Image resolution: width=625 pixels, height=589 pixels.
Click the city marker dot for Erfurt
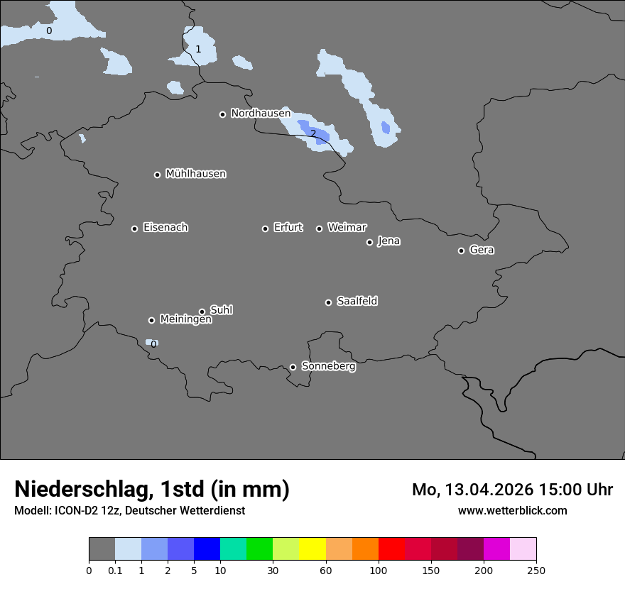pyautogui.click(x=265, y=229)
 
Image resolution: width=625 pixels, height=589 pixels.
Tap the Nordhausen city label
pyautogui.click(x=261, y=114)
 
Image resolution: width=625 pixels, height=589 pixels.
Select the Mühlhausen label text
pyautogui.click(x=196, y=174)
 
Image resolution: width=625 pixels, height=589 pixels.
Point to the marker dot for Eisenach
pyautogui.click(x=134, y=229)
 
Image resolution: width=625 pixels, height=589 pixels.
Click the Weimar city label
pyautogui.click(x=347, y=228)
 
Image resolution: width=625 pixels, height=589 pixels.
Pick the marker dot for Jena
pyautogui.click(x=369, y=242)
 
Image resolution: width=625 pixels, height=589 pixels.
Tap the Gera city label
pyautogui.click(x=482, y=250)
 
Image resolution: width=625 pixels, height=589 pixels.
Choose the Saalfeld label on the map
pyautogui.click(x=357, y=302)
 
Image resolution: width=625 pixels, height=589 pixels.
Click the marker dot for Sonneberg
pyautogui.click(x=293, y=367)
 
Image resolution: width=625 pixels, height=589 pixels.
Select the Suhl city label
pyautogui.click(x=222, y=310)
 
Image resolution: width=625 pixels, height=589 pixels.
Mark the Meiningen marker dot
pyautogui.click(x=151, y=320)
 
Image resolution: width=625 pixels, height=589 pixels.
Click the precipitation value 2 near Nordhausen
pyautogui.click(x=313, y=133)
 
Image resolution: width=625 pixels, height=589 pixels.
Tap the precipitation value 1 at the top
pyautogui.click(x=198, y=49)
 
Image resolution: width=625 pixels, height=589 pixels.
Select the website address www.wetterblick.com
pyautogui.click(x=512, y=510)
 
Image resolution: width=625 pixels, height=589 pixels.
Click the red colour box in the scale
pyautogui.click(x=391, y=549)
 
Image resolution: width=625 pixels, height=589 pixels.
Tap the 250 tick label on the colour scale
pyautogui.click(x=536, y=571)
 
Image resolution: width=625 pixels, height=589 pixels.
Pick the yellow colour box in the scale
pyautogui.click(x=312, y=549)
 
